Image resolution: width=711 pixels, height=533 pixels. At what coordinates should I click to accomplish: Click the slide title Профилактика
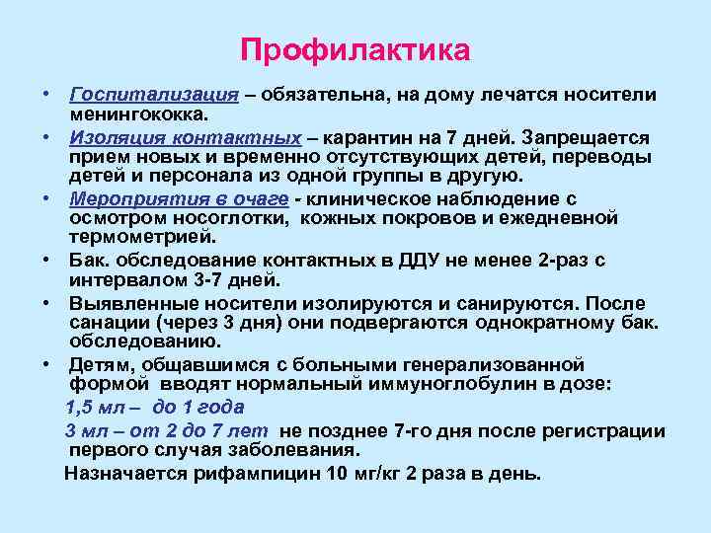click(355, 49)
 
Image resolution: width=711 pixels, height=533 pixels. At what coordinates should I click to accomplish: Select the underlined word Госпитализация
click(154, 94)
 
